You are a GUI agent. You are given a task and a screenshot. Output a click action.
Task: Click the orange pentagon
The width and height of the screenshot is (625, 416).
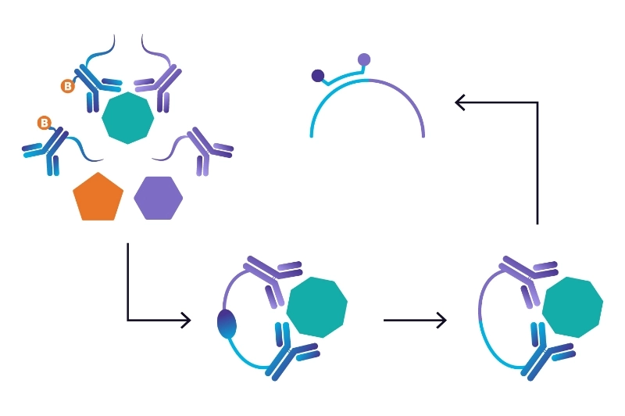tap(98, 196)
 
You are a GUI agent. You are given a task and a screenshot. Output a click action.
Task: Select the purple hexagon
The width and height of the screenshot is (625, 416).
tap(159, 198)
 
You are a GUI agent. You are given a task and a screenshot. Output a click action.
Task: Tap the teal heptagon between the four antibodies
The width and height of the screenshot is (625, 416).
tap(128, 117)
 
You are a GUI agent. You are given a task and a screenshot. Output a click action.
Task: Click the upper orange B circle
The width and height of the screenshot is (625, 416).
tap(68, 86)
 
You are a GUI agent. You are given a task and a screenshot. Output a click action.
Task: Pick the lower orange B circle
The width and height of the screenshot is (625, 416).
tap(45, 123)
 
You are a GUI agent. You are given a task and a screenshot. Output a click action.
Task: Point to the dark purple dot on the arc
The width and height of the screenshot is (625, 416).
tap(318, 76)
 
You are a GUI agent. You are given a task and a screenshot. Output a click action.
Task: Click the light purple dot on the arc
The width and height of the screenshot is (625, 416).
tap(364, 59)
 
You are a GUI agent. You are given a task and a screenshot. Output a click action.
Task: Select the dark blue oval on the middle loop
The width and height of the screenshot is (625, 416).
tap(226, 323)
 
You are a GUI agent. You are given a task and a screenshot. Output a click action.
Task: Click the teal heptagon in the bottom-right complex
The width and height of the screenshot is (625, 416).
tap(573, 307)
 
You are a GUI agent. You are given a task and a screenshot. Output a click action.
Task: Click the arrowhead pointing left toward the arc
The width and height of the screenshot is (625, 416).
tap(461, 102)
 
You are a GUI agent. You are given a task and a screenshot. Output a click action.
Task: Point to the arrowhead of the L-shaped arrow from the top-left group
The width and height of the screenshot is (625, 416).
tap(184, 320)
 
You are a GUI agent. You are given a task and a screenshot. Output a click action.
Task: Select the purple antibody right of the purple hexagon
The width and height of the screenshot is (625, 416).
tap(204, 149)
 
